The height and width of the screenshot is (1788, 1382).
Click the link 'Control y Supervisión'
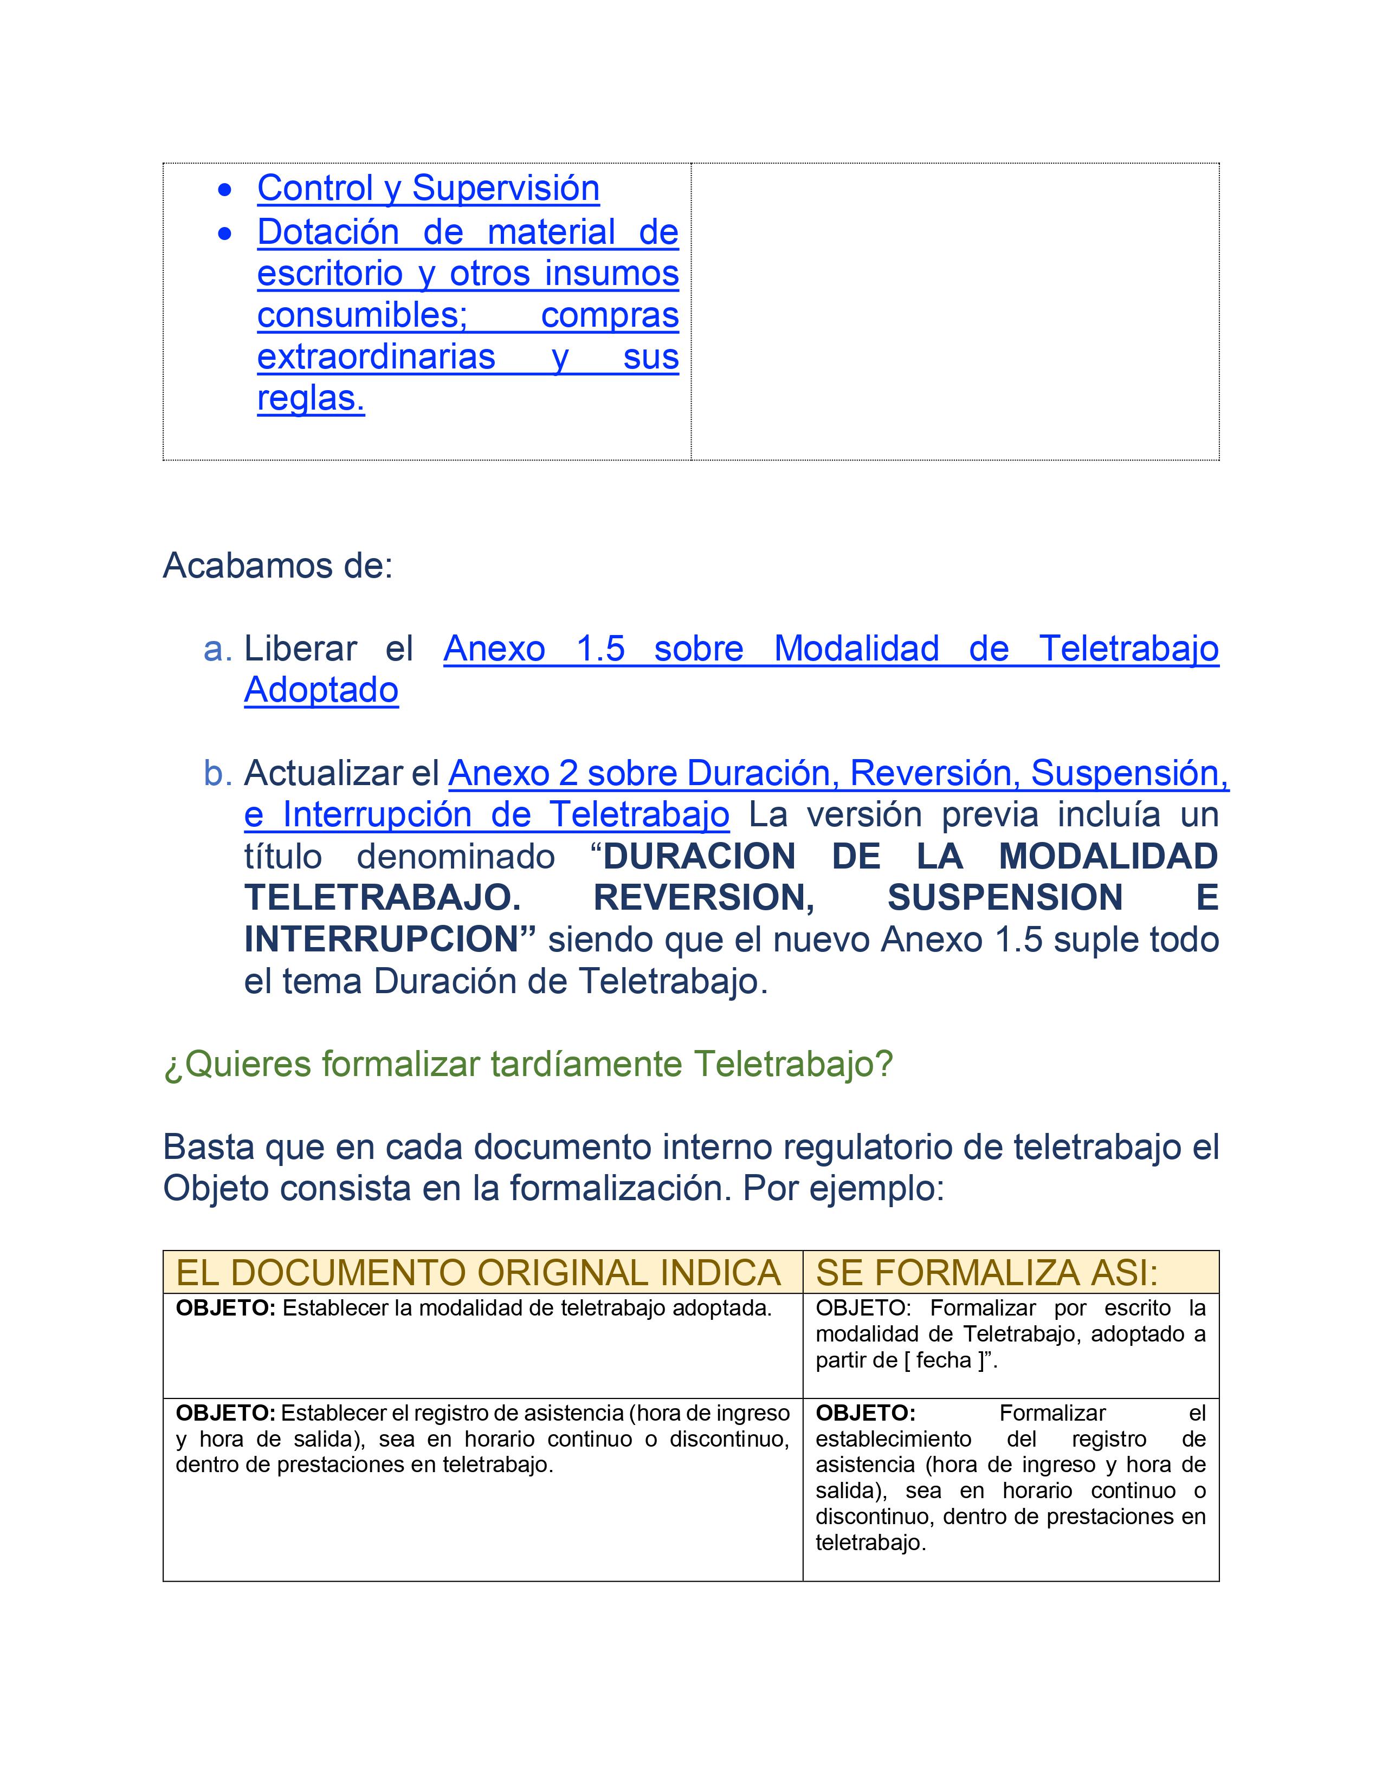428,189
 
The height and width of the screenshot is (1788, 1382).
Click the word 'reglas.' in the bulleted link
311,399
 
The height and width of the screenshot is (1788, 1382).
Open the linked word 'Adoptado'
321,690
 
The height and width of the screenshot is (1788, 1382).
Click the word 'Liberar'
300,649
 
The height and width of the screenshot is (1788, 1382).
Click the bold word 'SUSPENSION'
1005,898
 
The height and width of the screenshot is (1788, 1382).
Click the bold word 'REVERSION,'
703,898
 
